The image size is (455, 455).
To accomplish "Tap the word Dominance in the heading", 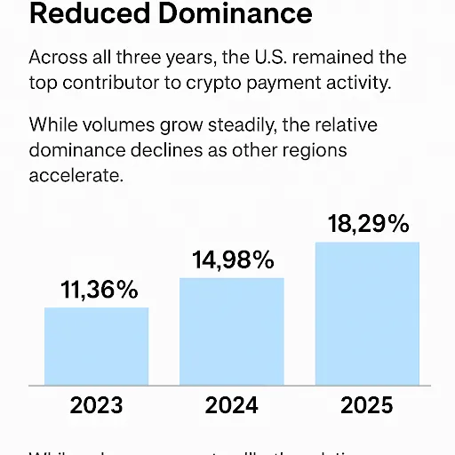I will (x=234, y=14).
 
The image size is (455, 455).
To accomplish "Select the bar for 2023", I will (x=97, y=346).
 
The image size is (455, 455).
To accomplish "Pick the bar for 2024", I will (x=232, y=331).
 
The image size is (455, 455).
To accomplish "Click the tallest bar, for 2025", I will (x=367, y=313).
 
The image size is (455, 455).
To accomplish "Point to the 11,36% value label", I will (x=100, y=290).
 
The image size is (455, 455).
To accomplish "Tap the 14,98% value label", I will (x=233, y=260).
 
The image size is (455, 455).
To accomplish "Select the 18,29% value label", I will (x=367, y=224).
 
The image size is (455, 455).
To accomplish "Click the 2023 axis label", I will (x=97, y=406).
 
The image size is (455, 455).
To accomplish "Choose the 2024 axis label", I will (x=232, y=406).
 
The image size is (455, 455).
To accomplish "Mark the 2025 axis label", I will (x=367, y=406).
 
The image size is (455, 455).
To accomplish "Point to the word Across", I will (x=58, y=58).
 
